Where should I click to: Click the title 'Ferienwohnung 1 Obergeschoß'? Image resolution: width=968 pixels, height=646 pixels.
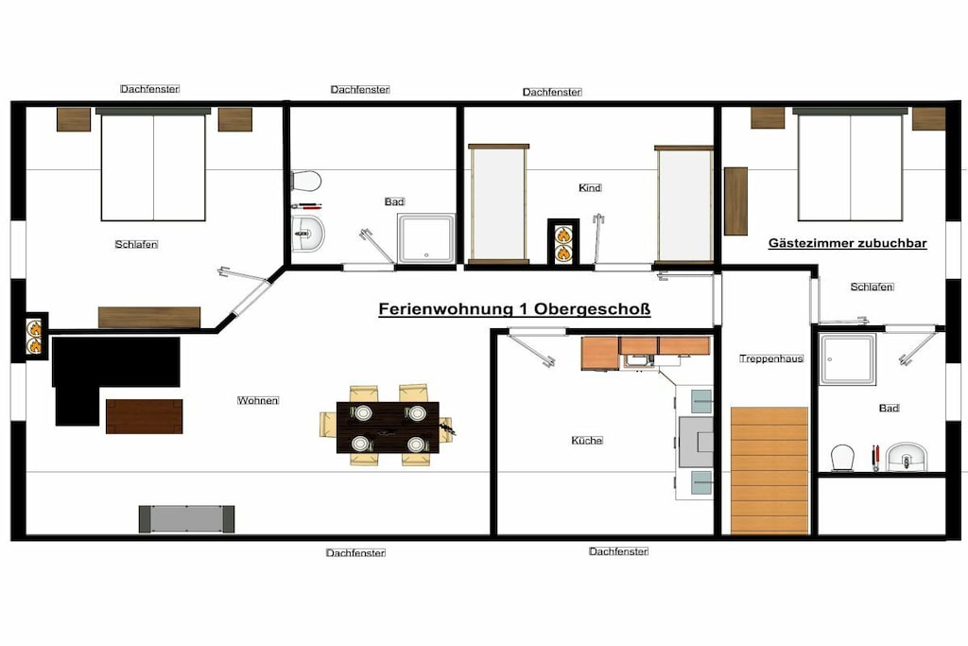tap(514, 308)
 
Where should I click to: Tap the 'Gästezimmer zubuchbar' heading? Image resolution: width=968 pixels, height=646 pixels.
tap(848, 243)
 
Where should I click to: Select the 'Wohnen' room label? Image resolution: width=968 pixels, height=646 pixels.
tap(258, 401)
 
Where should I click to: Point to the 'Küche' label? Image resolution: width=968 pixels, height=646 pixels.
tap(587, 441)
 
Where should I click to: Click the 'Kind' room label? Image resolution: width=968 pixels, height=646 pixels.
tap(590, 188)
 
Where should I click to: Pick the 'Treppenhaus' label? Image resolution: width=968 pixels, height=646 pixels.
tap(771, 358)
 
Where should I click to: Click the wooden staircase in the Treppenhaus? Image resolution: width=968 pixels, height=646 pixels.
tap(769, 470)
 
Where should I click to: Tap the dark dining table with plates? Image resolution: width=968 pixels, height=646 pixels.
tap(388, 428)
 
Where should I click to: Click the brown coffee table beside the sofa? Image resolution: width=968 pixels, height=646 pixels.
tap(144, 416)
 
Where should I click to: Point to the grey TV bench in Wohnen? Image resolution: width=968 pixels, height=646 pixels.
tap(186, 518)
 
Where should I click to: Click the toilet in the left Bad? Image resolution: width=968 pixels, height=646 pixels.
tap(306, 182)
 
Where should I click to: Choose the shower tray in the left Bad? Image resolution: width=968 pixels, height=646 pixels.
tap(426, 238)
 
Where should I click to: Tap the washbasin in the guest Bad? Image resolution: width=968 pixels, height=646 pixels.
tap(907, 457)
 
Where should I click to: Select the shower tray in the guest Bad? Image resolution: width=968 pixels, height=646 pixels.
tap(848, 359)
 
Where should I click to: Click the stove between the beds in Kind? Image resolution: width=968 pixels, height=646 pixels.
tap(563, 241)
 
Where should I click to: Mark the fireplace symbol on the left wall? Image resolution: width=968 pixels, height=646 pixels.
tap(35, 338)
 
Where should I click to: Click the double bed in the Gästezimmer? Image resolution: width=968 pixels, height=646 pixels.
tap(850, 165)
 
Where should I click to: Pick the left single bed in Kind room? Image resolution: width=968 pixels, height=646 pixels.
tap(499, 204)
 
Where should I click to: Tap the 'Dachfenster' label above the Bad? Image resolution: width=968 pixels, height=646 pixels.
tap(360, 90)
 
